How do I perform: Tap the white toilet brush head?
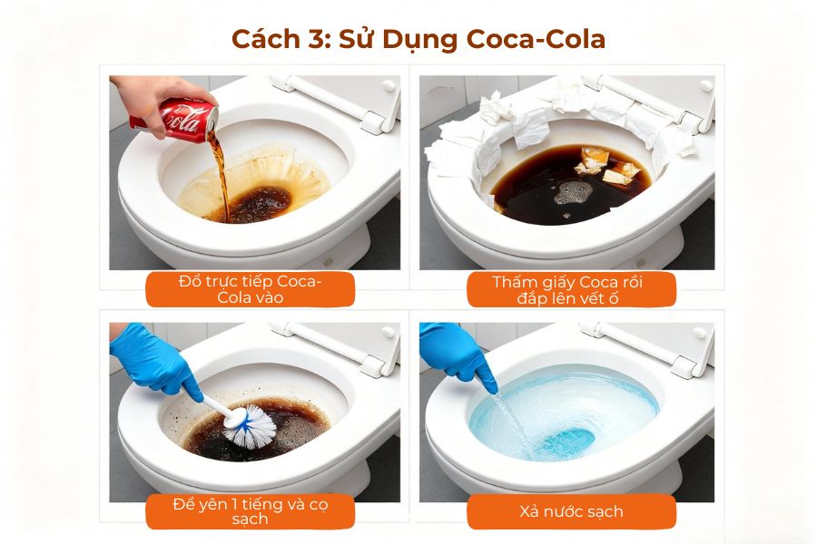(x=250, y=425)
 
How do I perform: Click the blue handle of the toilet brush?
(x=215, y=406)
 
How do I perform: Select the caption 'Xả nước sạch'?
(x=571, y=511)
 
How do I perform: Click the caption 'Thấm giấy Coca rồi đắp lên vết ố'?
(x=571, y=290)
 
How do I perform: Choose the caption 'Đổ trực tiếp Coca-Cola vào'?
(x=250, y=290)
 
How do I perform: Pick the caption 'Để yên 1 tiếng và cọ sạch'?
(x=250, y=511)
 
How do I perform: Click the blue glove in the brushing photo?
(x=153, y=359)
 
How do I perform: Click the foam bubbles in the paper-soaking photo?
(x=574, y=191)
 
